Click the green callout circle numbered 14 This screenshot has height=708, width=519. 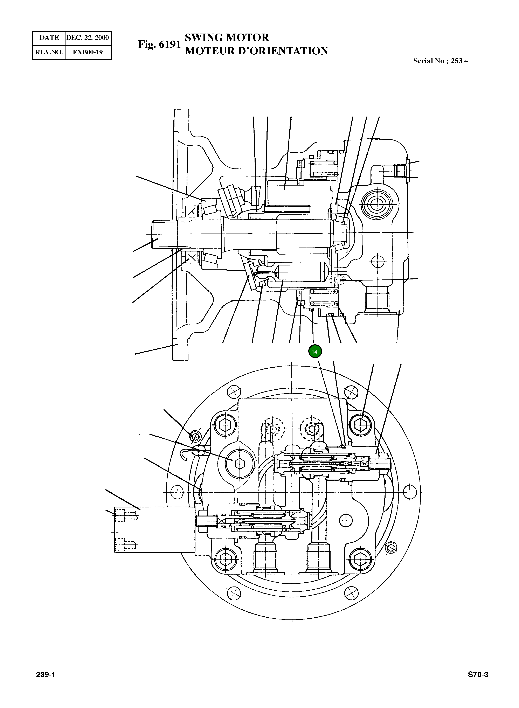point(314,351)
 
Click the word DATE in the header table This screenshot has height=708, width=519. point(49,38)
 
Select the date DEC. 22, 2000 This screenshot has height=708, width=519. point(88,38)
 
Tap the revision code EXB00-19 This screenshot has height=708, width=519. point(88,52)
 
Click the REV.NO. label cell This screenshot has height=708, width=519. point(49,52)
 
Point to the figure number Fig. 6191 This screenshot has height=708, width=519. point(159,44)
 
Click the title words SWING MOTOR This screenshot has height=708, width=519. point(227,37)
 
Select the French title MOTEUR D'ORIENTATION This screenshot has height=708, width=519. point(256,51)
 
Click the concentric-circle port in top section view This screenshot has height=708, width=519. point(375,205)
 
